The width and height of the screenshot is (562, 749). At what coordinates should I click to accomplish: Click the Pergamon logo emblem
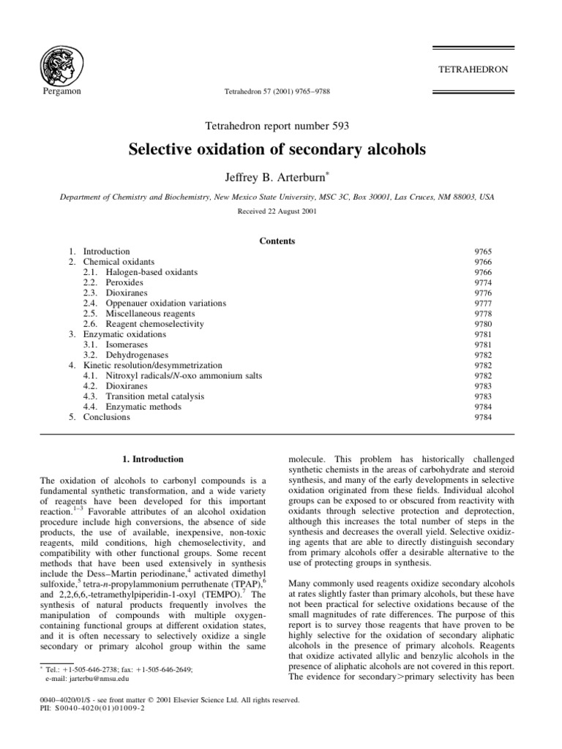click(x=61, y=64)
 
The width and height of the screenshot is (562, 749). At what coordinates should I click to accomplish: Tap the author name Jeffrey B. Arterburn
click(x=280, y=176)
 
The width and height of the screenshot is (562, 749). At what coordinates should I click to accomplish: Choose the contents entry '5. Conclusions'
click(x=100, y=417)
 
